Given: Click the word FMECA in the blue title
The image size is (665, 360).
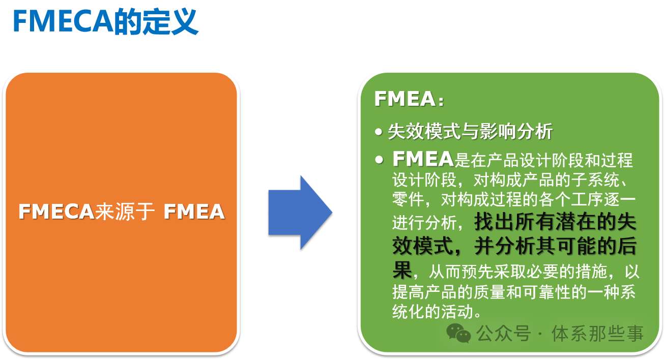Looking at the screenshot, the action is point(63,21).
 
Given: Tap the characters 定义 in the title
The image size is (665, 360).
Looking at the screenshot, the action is point(170,21).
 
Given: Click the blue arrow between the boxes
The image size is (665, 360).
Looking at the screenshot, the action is point(300,213).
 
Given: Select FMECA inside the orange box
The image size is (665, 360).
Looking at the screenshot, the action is point(56,212).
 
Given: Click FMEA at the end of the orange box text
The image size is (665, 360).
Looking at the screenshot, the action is point(194,212).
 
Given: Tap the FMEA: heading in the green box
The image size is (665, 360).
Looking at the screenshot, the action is point(409,99).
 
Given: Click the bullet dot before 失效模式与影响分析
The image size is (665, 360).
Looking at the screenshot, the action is point(379,132).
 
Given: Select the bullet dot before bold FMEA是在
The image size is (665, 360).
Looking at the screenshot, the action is point(379,160).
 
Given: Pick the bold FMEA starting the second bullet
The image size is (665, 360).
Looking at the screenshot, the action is point(423,159).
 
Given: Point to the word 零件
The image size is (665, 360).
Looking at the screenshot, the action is point(408,200).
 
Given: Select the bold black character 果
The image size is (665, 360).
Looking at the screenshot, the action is point(402,270).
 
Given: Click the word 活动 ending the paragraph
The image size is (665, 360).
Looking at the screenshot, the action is point(457,312).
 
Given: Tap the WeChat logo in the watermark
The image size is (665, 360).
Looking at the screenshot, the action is point(458,333).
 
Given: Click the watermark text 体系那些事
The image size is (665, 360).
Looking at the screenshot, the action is point(597,334).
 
